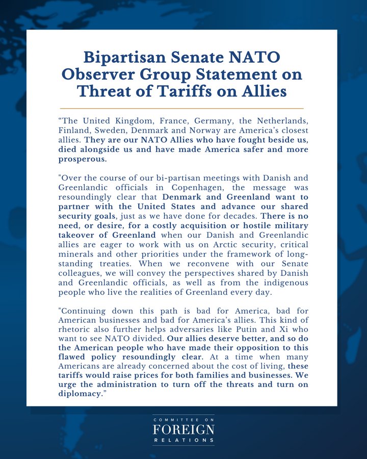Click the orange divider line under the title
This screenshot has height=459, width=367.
(182, 109)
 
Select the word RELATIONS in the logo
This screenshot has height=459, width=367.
(183, 440)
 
